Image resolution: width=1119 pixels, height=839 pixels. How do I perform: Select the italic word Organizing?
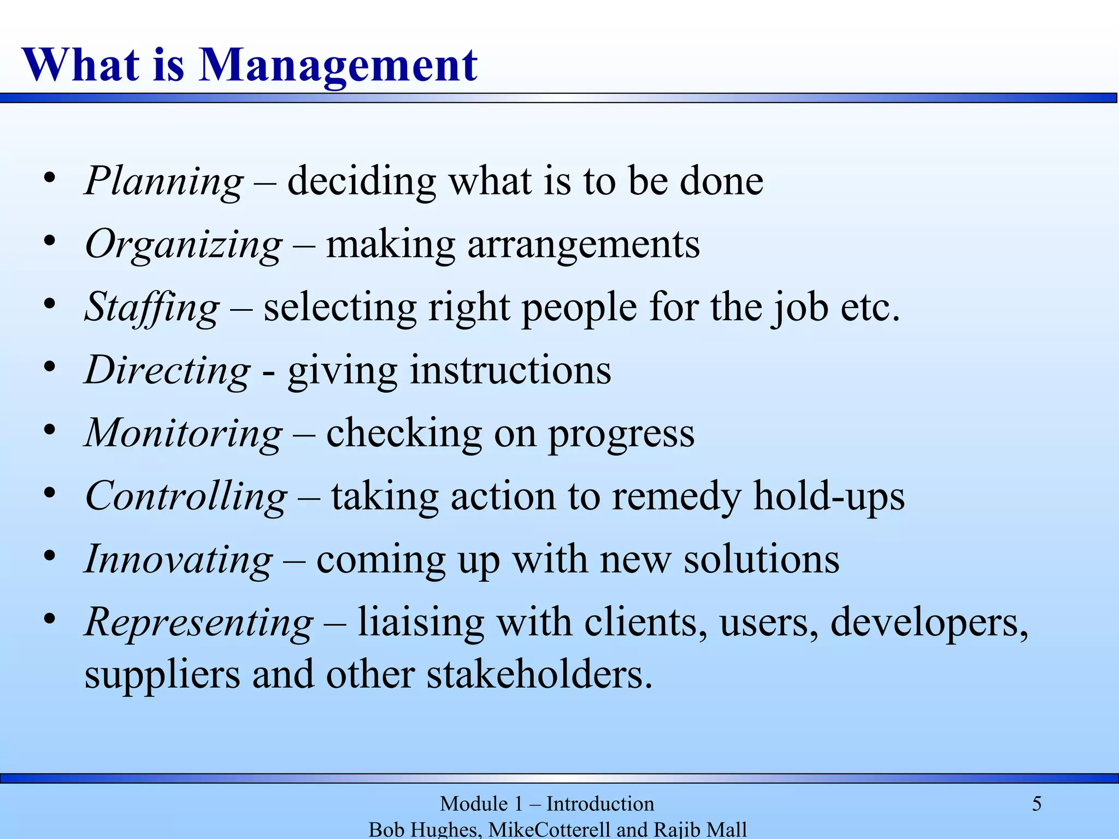coord(184,245)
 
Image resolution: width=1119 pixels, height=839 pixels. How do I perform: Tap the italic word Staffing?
coord(152,308)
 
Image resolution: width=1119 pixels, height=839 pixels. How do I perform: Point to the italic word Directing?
coord(168,371)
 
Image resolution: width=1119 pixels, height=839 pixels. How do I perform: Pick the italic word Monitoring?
coord(184,434)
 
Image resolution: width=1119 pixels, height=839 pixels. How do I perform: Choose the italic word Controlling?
coord(186,497)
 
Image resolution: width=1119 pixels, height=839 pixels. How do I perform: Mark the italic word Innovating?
coord(179,560)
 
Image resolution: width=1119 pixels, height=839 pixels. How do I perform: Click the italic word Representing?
coord(199,623)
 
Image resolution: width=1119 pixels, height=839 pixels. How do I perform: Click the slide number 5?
coord(1036,804)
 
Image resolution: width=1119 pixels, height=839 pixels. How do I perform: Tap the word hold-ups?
coord(829,497)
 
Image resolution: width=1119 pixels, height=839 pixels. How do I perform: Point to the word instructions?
coord(510,371)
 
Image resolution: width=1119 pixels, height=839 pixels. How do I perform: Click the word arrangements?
coord(584,245)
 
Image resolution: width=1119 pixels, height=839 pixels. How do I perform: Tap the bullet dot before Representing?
coord(50,619)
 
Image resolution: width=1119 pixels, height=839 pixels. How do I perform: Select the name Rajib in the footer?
coord(673,829)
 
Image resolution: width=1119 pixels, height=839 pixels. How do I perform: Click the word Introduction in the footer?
coord(600,804)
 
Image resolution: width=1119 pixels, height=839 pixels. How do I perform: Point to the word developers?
coord(929,623)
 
